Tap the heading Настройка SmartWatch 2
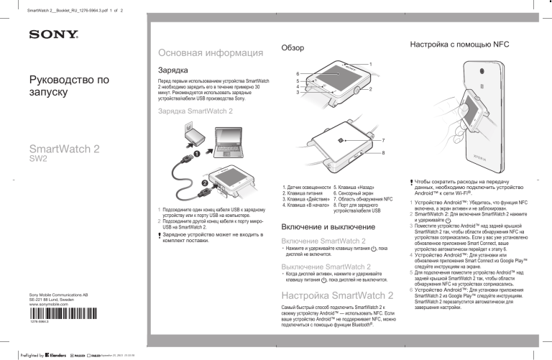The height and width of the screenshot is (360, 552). (337, 296)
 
